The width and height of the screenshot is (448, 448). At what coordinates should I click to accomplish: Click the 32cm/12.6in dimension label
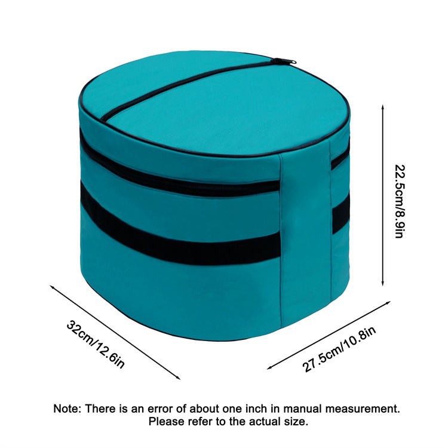click(x=96, y=345)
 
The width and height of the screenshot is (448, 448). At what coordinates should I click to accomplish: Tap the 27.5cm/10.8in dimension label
click(x=339, y=349)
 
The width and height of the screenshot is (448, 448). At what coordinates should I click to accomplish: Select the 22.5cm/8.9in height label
click(x=399, y=201)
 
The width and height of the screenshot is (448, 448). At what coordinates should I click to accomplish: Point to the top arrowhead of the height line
click(x=383, y=106)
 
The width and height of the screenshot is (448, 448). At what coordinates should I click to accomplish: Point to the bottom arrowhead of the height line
click(x=383, y=284)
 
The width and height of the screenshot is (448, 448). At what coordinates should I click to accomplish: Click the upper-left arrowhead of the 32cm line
click(x=52, y=286)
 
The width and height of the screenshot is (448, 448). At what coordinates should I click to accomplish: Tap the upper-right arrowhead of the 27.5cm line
click(x=389, y=302)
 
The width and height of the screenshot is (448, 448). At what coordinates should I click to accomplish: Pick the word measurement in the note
click(x=363, y=409)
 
